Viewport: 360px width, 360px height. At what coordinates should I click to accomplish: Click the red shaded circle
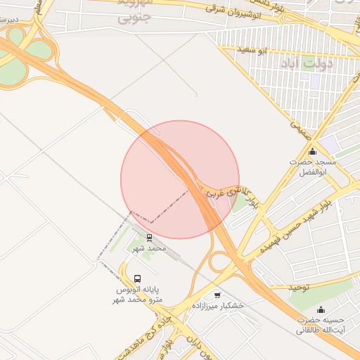coord(180,179)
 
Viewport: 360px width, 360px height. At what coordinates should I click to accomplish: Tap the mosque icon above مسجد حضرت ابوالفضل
coord(313,151)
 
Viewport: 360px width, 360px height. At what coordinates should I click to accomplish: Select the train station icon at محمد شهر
coord(149,238)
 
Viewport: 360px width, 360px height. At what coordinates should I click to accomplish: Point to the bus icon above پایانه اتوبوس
coord(137,278)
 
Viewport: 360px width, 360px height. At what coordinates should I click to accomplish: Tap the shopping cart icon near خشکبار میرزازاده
coord(217,295)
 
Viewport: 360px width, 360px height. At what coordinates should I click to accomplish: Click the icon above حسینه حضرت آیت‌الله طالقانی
coord(321,310)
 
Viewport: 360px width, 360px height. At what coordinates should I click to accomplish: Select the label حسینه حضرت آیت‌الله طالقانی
coord(320,324)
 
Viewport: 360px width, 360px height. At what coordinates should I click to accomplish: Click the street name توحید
coord(300,288)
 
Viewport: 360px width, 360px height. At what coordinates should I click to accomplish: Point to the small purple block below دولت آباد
coord(315,81)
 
